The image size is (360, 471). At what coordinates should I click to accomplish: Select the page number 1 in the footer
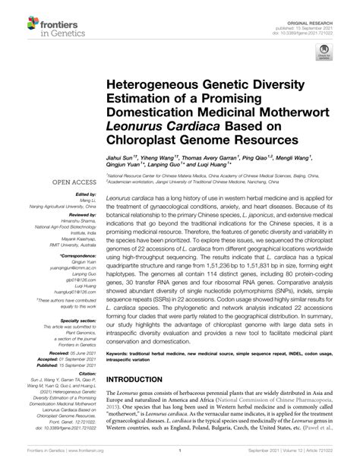[179, 463]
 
